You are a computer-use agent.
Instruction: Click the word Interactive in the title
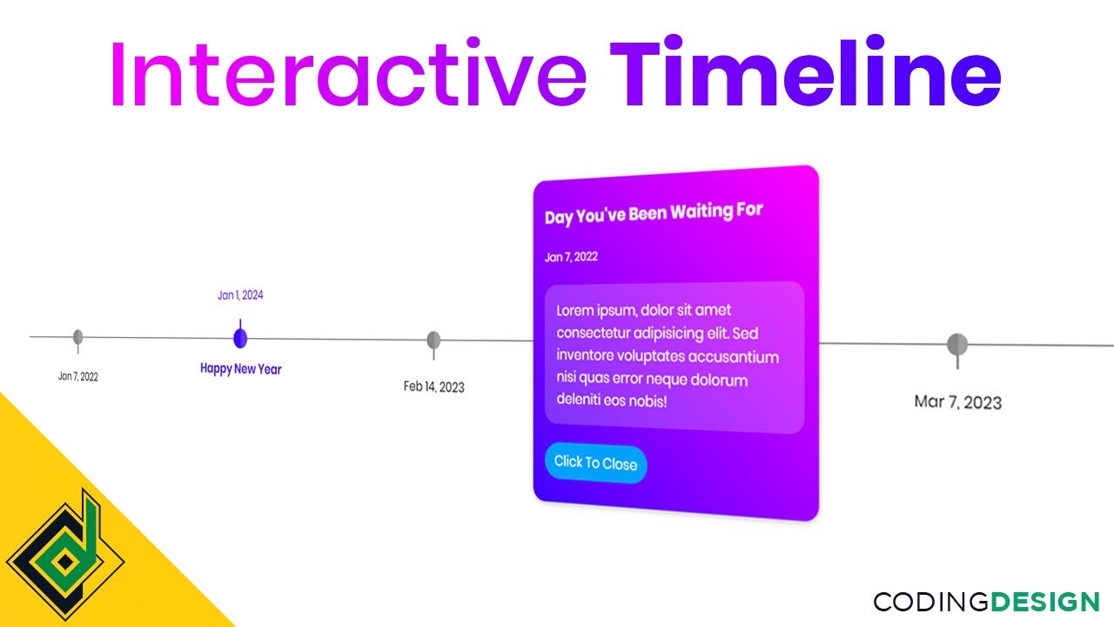[x=347, y=75]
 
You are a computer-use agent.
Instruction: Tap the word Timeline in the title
[x=805, y=75]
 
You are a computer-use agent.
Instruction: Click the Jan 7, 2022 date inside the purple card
[x=571, y=257]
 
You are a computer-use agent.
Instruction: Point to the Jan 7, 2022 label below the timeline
[x=78, y=377]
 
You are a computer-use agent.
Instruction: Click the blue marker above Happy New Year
[x=240, y=338]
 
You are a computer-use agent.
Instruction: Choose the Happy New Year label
[x=241, y=368]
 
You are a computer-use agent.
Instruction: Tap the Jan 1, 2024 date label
[x=240, y=295]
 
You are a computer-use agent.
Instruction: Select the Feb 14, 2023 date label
[x=433, y=387]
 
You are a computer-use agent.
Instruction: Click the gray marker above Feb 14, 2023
[x=433, y=340]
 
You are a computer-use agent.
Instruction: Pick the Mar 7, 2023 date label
[x=957, y=402]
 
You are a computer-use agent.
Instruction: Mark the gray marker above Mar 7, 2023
[x=957, y=345]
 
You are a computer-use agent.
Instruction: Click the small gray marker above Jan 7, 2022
[x=78, y=337]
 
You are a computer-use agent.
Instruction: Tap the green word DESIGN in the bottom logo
[x=1045, y=602]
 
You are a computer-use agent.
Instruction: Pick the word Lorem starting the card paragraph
[x=575, y=310]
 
